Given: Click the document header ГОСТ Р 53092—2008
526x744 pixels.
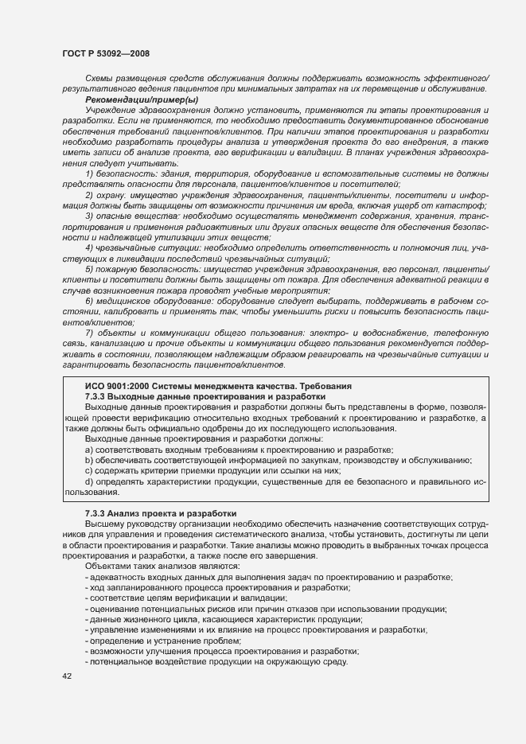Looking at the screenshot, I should pyautogui.click(x=105, y=53).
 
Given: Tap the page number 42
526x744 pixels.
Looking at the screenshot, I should pyautogui.click(x=67, y=676).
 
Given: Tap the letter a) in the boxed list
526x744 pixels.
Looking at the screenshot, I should pyautogui.click(x=90, y=450).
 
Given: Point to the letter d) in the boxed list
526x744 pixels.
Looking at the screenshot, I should pyautogui.click(x=90, y=481).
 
